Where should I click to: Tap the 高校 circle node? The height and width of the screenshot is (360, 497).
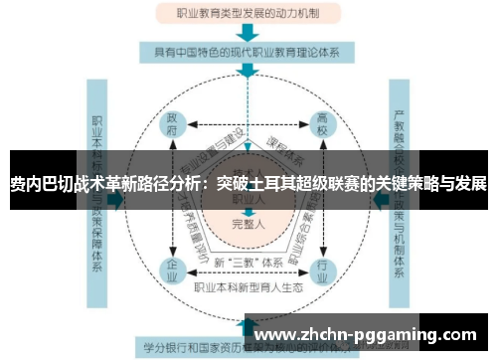[x=322, y=126]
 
